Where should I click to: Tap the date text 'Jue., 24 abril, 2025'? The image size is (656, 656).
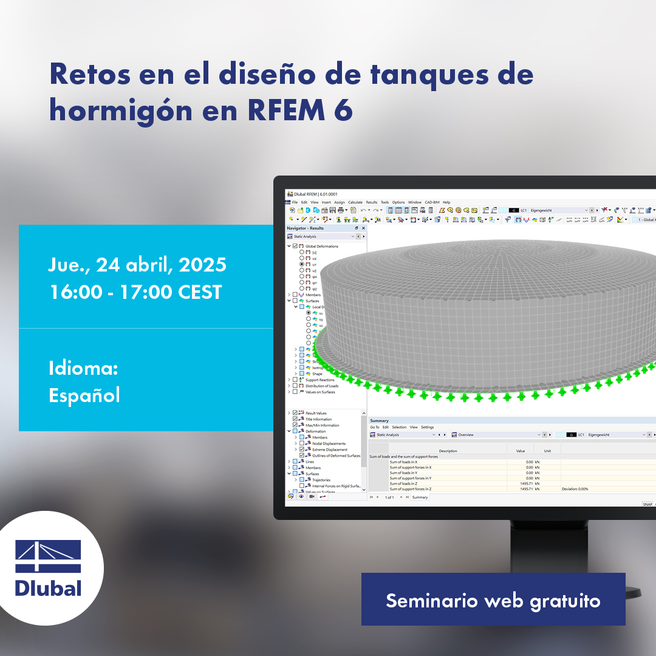coord(137,264)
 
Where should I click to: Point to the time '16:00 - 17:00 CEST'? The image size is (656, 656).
coord(135,292)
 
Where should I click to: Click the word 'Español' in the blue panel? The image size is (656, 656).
coord(84,395)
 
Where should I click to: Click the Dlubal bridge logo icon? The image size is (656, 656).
coord(48,556)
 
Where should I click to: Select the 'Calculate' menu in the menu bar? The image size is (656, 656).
coord(355,202)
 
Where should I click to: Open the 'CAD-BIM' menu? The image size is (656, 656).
coord(432,202)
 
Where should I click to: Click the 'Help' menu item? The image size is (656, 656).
coord(446,202)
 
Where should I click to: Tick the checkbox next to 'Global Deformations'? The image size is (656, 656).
coord(295,246)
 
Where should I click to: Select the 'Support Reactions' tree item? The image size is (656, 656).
coord(319,380)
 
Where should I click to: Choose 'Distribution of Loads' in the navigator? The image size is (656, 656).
coord(322,386)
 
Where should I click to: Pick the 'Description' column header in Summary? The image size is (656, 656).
coord(448,451)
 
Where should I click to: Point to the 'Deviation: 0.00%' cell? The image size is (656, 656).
coord(575,489)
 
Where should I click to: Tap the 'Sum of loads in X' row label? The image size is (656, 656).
coord(403,462)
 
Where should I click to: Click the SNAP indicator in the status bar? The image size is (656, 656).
coord(647,504)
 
